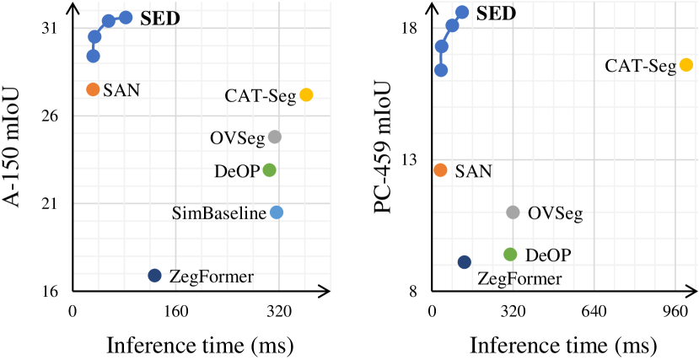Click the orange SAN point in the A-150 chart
(x=93, y=89)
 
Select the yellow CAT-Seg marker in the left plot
(x=306, y=95)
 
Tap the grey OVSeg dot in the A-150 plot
(x=274, y=137)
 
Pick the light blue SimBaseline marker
(x=277, y=212)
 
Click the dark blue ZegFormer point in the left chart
(x=154, y=276)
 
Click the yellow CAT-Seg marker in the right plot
(x=686, y=65)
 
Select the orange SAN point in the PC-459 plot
(x=440, y=170)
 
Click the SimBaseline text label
(x=218, y=212)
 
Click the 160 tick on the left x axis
(x=175, y=311)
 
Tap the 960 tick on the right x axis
(x=676, y=311)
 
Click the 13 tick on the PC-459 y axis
(x=411, y=159)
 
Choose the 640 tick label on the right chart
(x=594, y=311)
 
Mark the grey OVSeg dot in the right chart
(x=513, y=212)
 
